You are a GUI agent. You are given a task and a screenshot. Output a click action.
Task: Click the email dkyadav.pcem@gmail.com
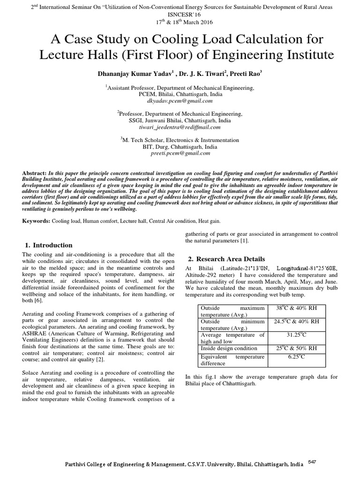click(x=180, y=101)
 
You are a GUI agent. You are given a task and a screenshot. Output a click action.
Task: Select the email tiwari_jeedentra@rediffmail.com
click(x=180, y=127)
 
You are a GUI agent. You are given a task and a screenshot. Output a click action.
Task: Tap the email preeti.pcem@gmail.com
click(x=180, y=153)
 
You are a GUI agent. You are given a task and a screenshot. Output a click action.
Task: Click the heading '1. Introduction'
click(x=48, y=245)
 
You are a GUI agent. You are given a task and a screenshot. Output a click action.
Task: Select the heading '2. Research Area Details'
click(x=226, y=259)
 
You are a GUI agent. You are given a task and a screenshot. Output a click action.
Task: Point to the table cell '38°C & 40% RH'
click(x=296, y=308)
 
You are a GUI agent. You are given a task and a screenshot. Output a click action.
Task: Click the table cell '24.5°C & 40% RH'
click(x=296, y=322)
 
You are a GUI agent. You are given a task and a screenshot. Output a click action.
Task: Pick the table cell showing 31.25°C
click(x=296, y=335)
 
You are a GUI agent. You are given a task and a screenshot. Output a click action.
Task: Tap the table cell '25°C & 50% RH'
click(x=296, y=348)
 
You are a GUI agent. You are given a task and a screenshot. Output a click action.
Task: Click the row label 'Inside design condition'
click(x=229, y=348)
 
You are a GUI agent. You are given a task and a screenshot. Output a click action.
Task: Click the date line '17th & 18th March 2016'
click(x=180, y=22)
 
